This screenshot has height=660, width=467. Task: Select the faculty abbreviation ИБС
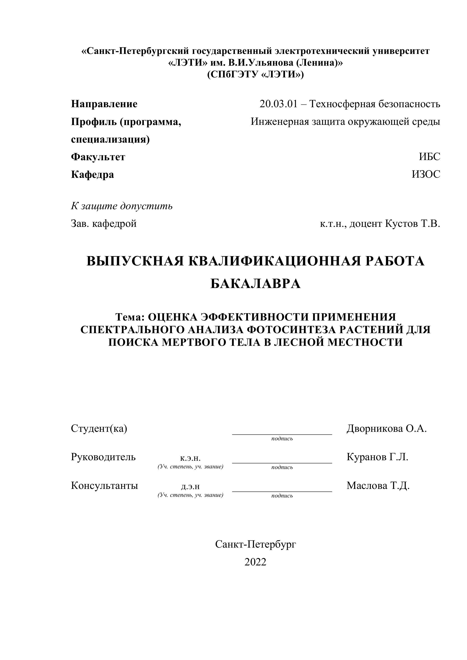click(429, 157)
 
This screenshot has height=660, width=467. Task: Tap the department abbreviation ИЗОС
click(426, 174)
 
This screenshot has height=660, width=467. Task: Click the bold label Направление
click(104, 104)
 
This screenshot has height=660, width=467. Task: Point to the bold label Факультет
click(98, 157)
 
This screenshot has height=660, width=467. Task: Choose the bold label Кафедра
click(92, 174)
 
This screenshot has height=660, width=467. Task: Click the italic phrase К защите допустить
click(122, 206)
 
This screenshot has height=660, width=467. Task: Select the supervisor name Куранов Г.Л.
click(377, 457)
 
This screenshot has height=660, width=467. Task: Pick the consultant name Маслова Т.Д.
click(378, 486)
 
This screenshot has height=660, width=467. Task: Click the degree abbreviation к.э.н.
click(190, 458)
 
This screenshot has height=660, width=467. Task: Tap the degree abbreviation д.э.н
click(190, 487)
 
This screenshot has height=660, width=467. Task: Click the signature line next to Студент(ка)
click(282, 434)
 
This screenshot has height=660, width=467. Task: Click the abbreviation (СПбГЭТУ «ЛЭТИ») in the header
click(255, 75)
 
